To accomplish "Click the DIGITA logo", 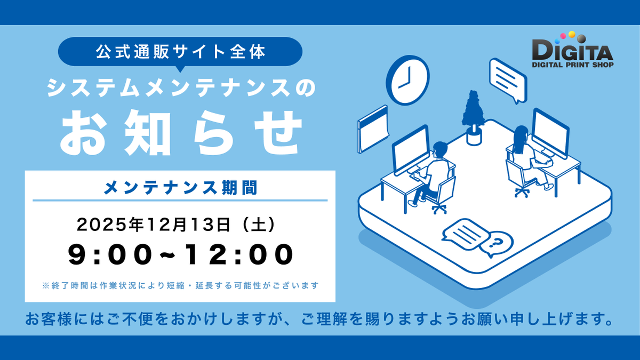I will (573, 51).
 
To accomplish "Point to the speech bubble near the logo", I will (508, 80).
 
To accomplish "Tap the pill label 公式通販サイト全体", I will (180, 52).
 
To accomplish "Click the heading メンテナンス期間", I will (180, 187).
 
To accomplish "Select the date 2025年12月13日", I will (155, 225).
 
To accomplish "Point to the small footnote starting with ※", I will (180, 286).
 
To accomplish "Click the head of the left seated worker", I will (440, 149).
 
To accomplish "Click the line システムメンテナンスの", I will (180, 89).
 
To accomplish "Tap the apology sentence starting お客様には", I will (318, 321).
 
